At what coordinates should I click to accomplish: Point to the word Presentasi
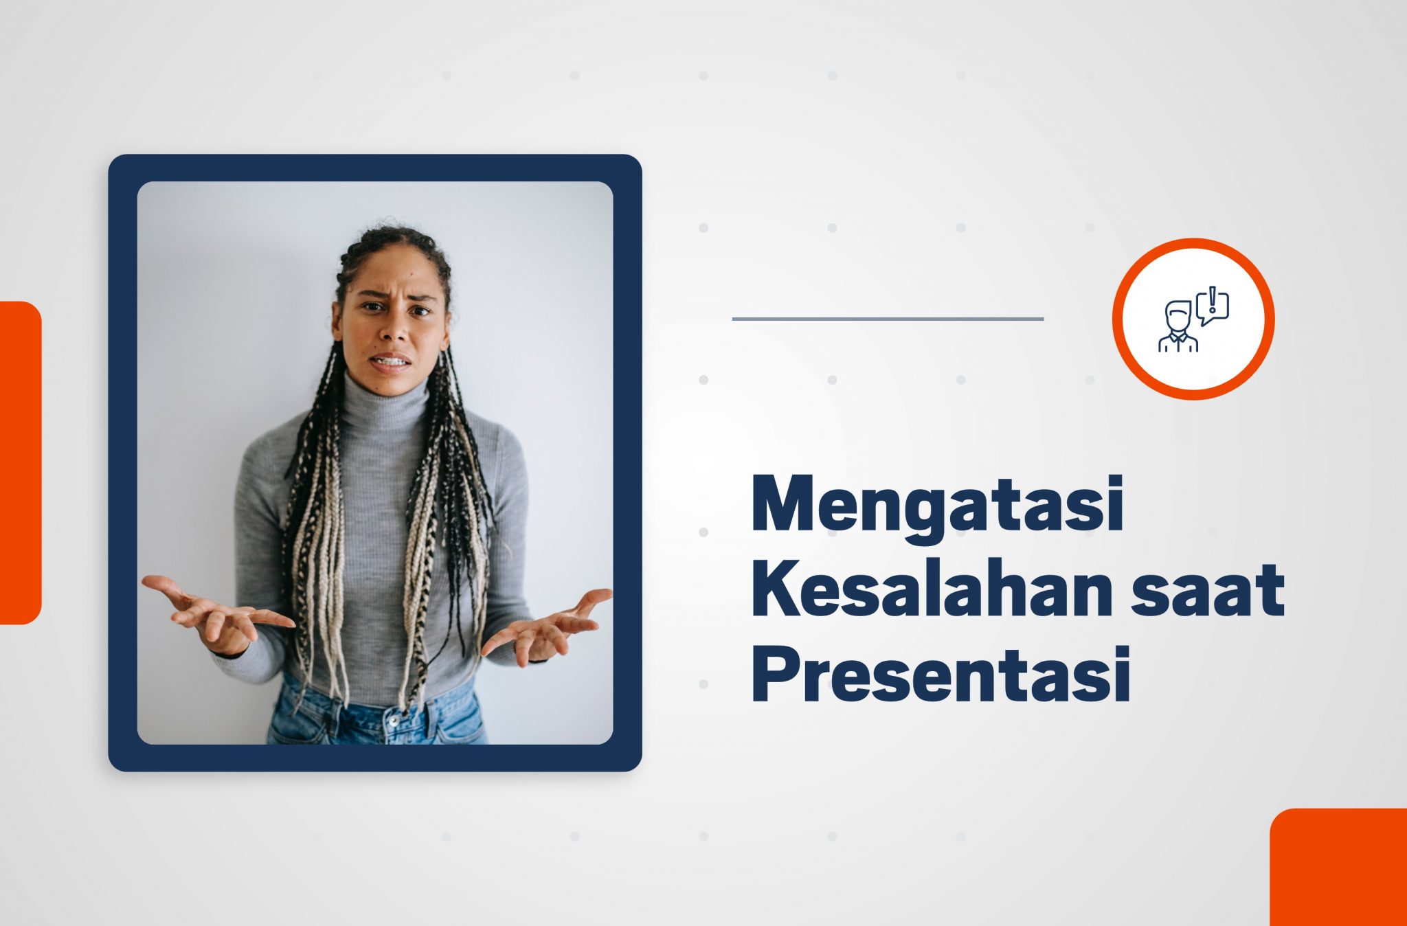coord(941,674)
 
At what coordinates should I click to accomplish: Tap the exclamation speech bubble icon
coord(1213,306)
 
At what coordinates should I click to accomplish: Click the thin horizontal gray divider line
coord(888,319)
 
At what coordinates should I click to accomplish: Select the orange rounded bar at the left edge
coord(20,462)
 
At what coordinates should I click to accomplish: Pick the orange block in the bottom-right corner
coord(1338,867)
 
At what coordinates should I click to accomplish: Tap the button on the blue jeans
coord(394,721)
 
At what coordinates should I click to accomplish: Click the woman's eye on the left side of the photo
coord(372,307)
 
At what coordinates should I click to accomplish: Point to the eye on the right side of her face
coord(420,310)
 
